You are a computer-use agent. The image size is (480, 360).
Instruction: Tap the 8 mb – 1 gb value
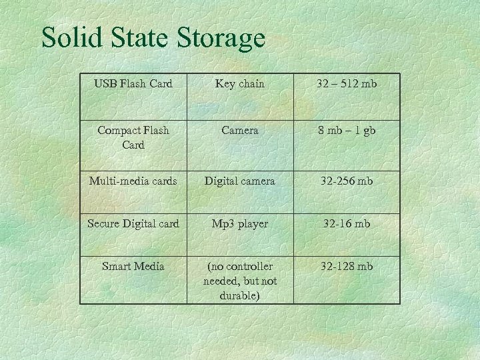pos(347,131)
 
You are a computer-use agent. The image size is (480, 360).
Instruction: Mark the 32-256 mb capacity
pos(347,181)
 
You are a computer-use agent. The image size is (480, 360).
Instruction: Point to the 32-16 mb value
pos(347,224)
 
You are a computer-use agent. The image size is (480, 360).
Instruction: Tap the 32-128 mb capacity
pos(347,267)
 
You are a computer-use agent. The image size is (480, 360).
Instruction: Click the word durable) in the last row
pos(240,295)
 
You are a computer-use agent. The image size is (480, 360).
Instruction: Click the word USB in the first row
pos(105,84)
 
